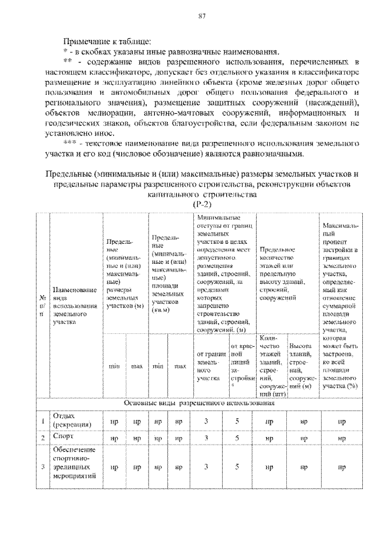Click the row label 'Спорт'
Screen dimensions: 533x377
pyautogui.click(x=63, y=438)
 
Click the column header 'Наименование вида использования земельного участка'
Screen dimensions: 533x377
pyautogui.click(x=75, y=306)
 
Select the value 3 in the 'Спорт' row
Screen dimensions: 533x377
pyautogui.click(x=207, y=438)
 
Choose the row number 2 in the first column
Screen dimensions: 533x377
pyautogui.click(x=42, y=438)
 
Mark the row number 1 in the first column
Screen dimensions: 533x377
pyautogui.click(x=42, y=421)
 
